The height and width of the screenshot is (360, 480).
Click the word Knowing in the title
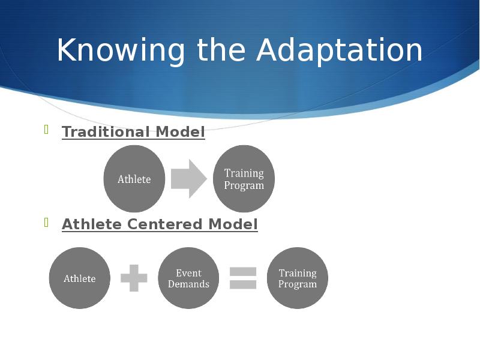(x=121, y=50)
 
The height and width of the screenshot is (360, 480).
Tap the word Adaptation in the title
(x=340, y=50)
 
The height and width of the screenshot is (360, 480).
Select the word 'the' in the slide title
(x=221, y=50)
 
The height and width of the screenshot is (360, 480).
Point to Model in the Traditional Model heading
(x=180, y=131)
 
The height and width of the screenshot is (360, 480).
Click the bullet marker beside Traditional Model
(x=47, y=130)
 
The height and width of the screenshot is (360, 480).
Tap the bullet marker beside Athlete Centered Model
(x=47, y=222)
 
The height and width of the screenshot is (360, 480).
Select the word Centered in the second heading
(x=164, y=224)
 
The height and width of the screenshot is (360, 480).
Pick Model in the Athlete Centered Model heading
(x=233, y=224)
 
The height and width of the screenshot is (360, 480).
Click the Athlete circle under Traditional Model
(x=134, y=179)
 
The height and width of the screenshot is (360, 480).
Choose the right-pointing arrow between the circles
(x=189, y=179)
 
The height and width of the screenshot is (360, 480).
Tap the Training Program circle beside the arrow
(x=244, y=179)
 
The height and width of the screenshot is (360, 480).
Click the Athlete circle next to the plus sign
(x=80, y=278)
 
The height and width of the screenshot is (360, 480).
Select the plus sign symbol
(x=134, y=278)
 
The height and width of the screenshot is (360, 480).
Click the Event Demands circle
(x=188, y=278)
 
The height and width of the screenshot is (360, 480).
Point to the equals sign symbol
(x=243, y=278)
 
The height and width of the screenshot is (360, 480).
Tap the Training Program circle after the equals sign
(x=298, y=278)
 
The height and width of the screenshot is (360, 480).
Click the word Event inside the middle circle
(x=188, y=273)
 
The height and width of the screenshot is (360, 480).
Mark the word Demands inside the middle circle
(x=188, y=284)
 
